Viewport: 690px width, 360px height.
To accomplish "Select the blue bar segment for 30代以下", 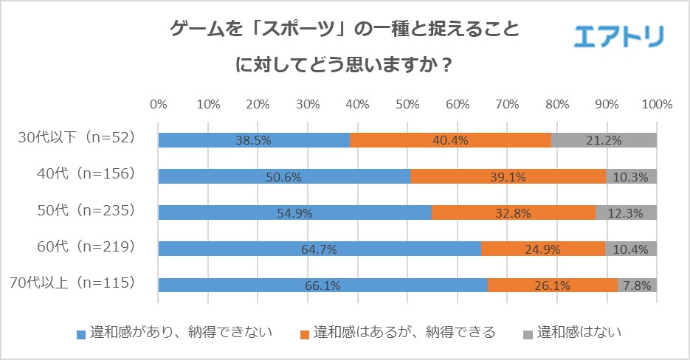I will (x=254, y=140).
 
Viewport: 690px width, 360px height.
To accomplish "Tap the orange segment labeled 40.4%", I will (x=450, y=140).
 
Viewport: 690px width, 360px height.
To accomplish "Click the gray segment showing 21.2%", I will (x=604, y=140).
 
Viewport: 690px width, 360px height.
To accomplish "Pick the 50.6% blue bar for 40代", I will (x=284, y=176).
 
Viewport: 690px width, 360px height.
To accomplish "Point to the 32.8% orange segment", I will (x=513, y=212).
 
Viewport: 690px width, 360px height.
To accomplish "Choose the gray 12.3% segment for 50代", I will (x=626, y=212).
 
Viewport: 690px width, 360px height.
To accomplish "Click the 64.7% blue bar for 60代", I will (x=319, y=249).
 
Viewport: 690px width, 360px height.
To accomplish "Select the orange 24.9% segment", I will (x=542, y=249).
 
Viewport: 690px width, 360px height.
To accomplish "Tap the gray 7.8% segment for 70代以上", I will (x=637, y=285).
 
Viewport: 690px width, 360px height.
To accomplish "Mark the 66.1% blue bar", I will (x=322, y=285).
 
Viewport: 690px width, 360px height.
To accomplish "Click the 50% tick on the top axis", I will (x=407, y=104).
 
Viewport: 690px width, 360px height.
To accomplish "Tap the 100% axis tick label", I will (x=656, y=104).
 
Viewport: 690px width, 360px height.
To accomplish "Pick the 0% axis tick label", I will (x=158, y=104).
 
